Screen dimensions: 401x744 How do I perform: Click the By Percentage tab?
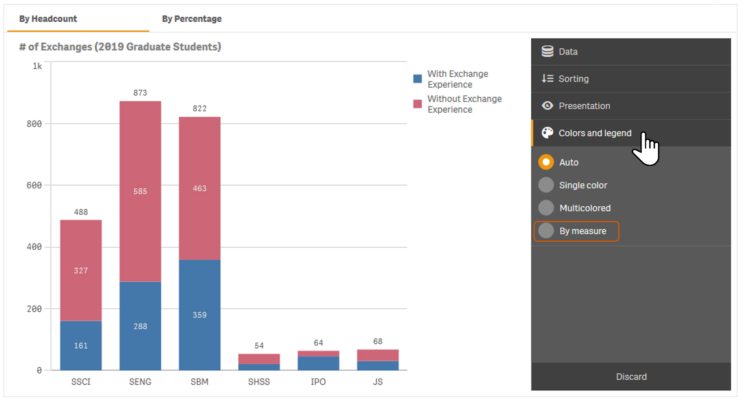click(x=191, y=19)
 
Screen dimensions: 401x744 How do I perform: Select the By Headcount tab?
click(x=48, y=19)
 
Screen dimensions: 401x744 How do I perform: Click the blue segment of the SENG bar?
click(x=140, y=326)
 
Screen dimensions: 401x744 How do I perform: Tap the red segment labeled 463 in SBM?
click(x=199, y=189)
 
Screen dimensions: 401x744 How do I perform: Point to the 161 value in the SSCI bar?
click(x=81, y=346)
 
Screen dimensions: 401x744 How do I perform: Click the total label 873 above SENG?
click(x=140, y=93)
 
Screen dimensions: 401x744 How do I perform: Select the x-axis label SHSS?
click(x=259, y=382)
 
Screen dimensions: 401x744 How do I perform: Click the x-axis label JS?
click(x=378, y=382)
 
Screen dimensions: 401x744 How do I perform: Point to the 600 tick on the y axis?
click(x=34, y=185)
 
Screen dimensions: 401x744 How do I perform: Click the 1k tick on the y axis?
click(x=37, y=66)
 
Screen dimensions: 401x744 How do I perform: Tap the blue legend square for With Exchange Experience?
click(x=417, y=79)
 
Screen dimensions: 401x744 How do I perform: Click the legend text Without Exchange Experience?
click(x=464, y=104)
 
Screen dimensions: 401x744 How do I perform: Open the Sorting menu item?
click(x=573, y=79)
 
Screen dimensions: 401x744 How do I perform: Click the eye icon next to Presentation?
click(x=547, y=106)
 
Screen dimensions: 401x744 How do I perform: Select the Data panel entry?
click(x=568, y=52)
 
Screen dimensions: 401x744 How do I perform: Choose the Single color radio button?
click(x=546, y=185)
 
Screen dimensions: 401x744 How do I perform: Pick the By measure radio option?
click(x=546, y=231)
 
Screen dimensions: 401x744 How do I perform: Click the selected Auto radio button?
click(x=546, y=162)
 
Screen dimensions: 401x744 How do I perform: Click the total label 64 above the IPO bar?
click(x=318, y=343)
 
